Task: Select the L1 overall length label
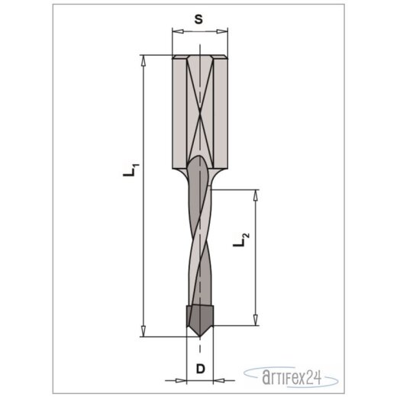(x=130, y=169)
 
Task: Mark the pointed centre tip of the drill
(x=201, y=337)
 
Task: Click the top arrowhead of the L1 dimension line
(x=144, y=59)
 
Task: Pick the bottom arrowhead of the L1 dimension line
(x=144, y=333)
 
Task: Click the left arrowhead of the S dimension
(x=176, y=32)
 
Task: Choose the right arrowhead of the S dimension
(x=226, y=32)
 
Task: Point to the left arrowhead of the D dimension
(x=184, y=379)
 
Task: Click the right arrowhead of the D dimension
(x=218, y=379)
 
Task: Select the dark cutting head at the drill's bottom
(x=200, y=316)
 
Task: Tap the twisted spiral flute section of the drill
(x=201, y=244)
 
